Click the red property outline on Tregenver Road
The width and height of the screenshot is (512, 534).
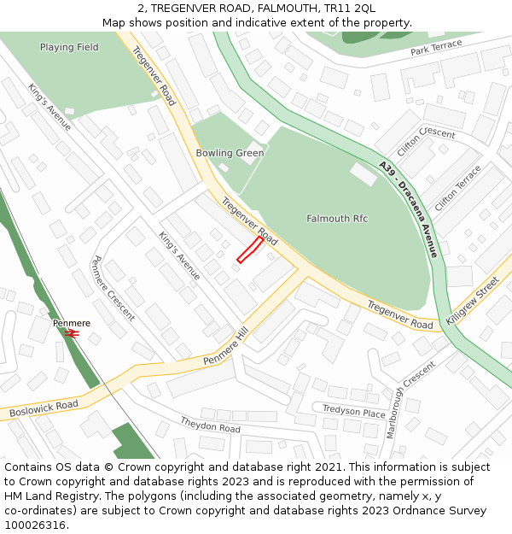coord(249,250)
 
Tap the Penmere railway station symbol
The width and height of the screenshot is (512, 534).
coord(73,334)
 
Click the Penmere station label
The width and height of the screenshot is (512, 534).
coord(72,323)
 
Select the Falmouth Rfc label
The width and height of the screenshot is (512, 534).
coord(337,219)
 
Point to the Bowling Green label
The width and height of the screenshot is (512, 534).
coord(230,154)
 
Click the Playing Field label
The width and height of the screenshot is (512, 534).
coord(69,48)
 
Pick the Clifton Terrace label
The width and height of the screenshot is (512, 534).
coord(458,189)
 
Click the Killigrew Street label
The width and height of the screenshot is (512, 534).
coord(472,301)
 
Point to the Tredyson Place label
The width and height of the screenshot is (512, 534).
coord(353,411)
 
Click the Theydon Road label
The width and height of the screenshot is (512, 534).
coord(210,425)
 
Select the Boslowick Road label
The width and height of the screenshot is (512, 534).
coord(44,408)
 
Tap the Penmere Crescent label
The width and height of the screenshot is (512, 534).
coord(112,288)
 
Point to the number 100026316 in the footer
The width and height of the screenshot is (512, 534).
coord(35,525)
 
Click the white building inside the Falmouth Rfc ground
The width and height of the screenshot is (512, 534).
coord(363,173)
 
